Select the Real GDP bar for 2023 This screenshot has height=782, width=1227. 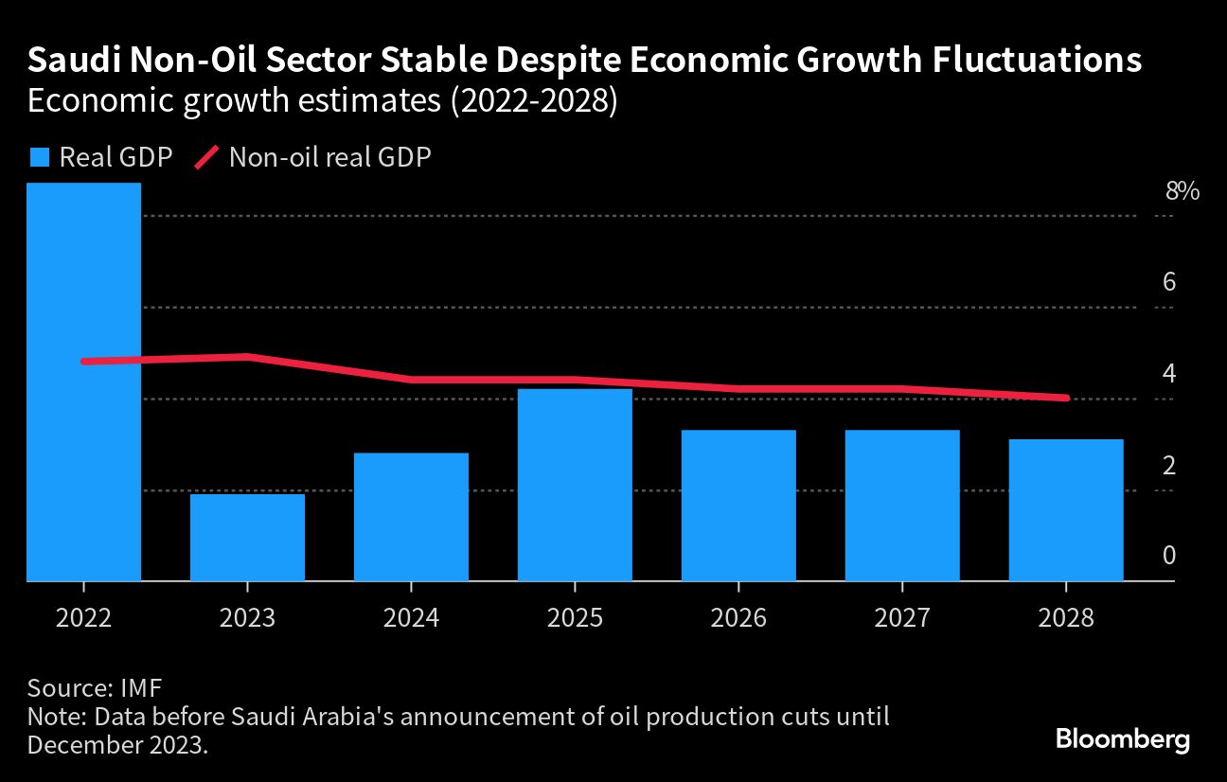pyautogui.click(x=247, y=537)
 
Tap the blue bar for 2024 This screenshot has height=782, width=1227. pyautogui.click(x=411, y=517)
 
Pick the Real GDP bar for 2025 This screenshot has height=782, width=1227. pyautogui.click(x=575, y=484)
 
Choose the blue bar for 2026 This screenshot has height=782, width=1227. pyautogui.click(x=738, y=505)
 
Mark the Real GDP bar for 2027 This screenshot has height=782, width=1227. pyautogui.click(x=902, y=505)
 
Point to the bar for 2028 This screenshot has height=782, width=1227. pyautogui.click(x=1066, y=509)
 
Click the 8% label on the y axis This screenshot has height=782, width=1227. pyautogui.click(x=1183, y=191)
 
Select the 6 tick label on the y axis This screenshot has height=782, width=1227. pyautogui.click(x=1169, y=282)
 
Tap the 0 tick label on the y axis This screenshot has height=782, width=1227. pyautogui.click(x=1169, y=556)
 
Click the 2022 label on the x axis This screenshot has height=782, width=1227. pyautogui.click(x=84, y=619)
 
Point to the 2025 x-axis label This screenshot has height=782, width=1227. pyautogui.click(x=575, y=619)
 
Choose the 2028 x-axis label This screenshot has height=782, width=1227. pyautogui.click(x=1066, y=619)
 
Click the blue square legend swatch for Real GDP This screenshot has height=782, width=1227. pyautogui.click(x=39, y=157)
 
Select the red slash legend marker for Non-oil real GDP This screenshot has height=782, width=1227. pyautogui.click(x=206, y=157)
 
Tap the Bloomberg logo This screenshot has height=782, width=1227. pyautogui.click(x=1122, y=739)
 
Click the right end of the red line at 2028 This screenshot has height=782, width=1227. pyautogui.click(x=1066, y=398)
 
